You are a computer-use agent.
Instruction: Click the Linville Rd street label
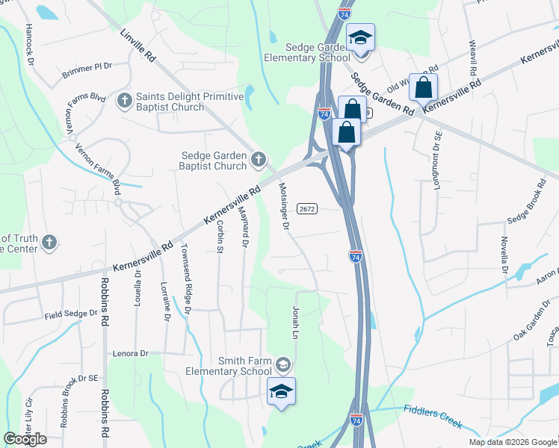[x=138, y=46]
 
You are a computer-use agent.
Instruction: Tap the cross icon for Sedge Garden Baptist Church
[x=259, y=158]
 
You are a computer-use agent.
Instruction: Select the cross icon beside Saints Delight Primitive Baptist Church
[x=125, y=99]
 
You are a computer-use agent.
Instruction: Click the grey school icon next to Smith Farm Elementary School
[x=282, y=365]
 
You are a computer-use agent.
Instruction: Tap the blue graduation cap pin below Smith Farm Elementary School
[x=281, y=391]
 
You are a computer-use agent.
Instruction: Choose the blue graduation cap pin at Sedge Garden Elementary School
[x=360, y=38]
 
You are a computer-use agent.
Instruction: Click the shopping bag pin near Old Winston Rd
[x=423, y=87]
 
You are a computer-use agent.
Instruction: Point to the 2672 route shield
[x=307, y=208]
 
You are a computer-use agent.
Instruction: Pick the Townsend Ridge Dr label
[x=186, y=278]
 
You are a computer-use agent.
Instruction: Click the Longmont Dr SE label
[x=438, y=161]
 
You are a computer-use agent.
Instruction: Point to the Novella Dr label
[x=504, y=256]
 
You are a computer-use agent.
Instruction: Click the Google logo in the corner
[x=25, y=439]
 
